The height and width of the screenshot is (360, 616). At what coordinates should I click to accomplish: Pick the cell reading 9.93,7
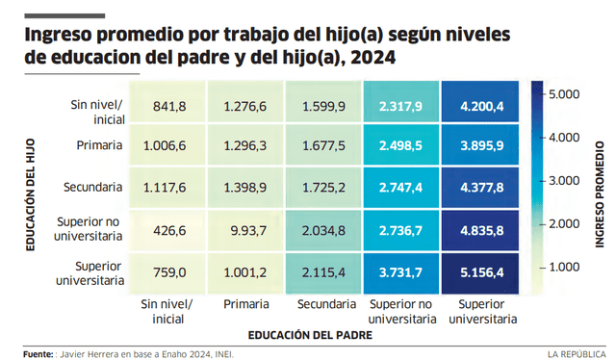coord(244,230)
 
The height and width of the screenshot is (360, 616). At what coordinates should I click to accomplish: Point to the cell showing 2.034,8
coord(323,230)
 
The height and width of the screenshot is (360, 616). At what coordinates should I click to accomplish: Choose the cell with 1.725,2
coord(323,188)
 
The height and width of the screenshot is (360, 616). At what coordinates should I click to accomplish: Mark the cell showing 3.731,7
coord(401,272)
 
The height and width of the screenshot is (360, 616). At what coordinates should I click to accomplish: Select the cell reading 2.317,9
coord(401,105)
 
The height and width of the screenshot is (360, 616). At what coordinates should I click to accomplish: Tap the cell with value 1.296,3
coord(244,146)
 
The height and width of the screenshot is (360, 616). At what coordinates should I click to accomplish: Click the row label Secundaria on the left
coord(93,188)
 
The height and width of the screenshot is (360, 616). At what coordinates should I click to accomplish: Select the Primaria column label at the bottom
coord(244,305)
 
